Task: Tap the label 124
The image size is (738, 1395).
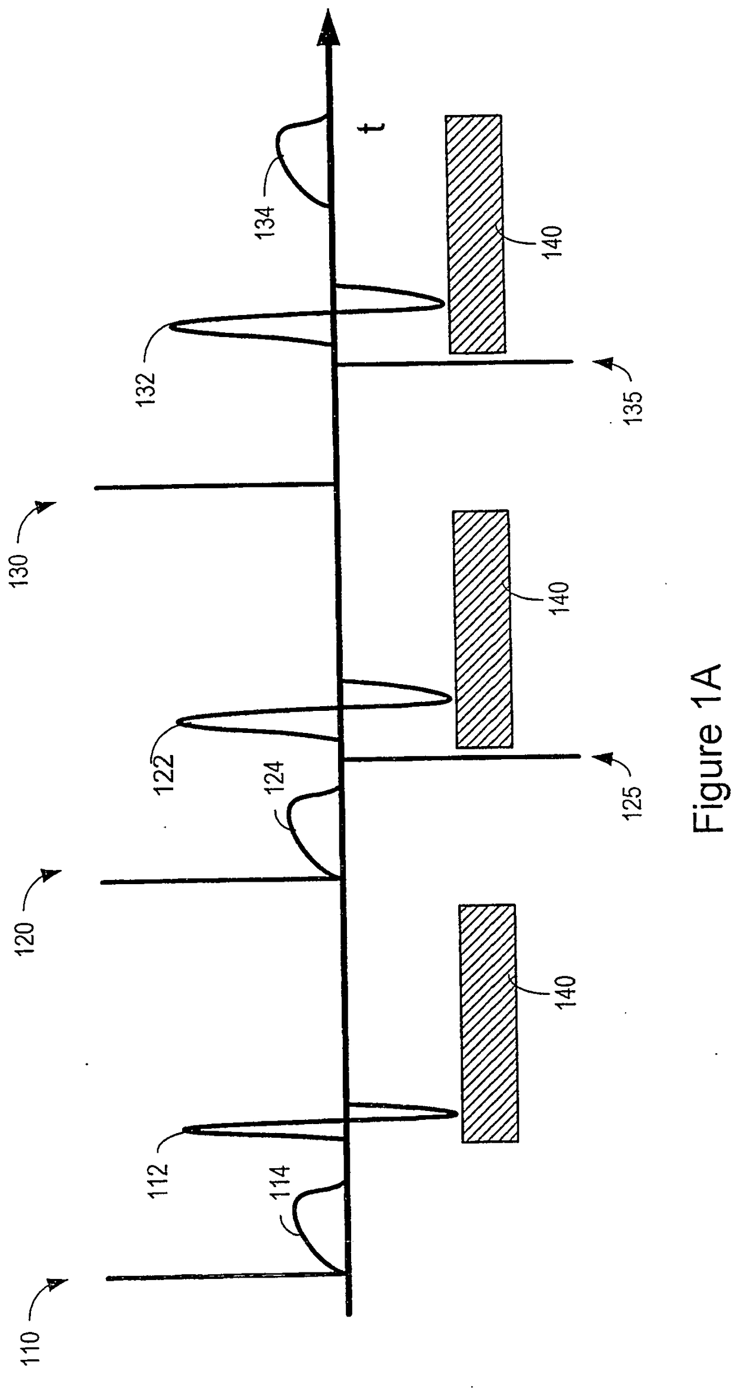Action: click(277, 781)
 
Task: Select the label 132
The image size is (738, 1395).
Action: click(145, 389)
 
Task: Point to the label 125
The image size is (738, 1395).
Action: click(633, 803)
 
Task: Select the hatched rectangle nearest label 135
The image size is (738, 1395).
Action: click(476, 234)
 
